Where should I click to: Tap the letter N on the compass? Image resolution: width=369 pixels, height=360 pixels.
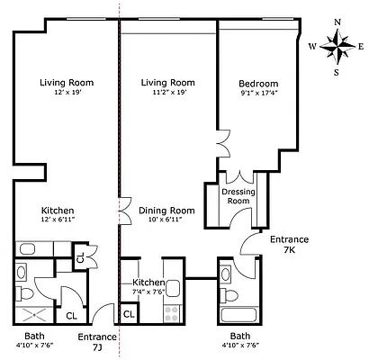[x=337, y=22]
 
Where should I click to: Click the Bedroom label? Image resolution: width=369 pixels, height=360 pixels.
[x=258, y=83]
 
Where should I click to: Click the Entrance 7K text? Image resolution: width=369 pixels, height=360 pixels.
[x=289, y=244]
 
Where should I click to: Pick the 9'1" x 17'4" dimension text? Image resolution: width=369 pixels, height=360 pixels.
[x=258, y=93]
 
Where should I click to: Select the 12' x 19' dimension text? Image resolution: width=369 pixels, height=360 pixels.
[x=67, y=93]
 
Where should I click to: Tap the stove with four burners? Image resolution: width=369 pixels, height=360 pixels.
[x=169, y=313]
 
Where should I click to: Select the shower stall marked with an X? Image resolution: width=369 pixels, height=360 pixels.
[x=31, y=312]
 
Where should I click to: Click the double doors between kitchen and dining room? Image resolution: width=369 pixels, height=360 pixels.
[x=120, y=209]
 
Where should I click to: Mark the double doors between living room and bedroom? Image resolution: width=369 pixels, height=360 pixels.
[x=216, y=145]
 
